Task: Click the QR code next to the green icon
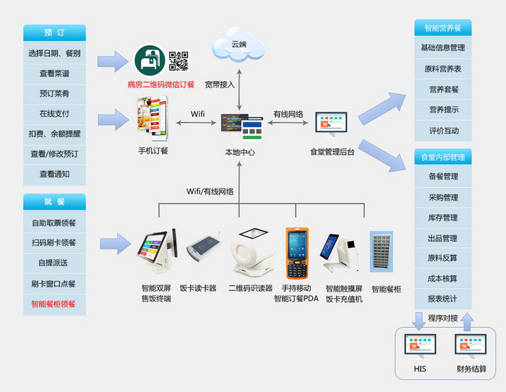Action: click(x=179, y=61)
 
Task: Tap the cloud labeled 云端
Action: click(x=239, y=45)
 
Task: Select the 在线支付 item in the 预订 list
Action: click(x=54, y=113)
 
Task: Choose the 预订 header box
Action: click(x=54, y=32)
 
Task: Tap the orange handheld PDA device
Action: click(x=295, y=253)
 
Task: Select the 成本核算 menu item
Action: click(x=443, y=278)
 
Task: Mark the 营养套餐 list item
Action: click(x=443, y=89)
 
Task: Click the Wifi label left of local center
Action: click(x=198, y=114)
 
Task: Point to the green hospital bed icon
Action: click(x=149, y=61)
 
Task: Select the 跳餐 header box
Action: click(x=54, y=202)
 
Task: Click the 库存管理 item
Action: click(x=443, y=218)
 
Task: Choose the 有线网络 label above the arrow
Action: click(x=288, y=114)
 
